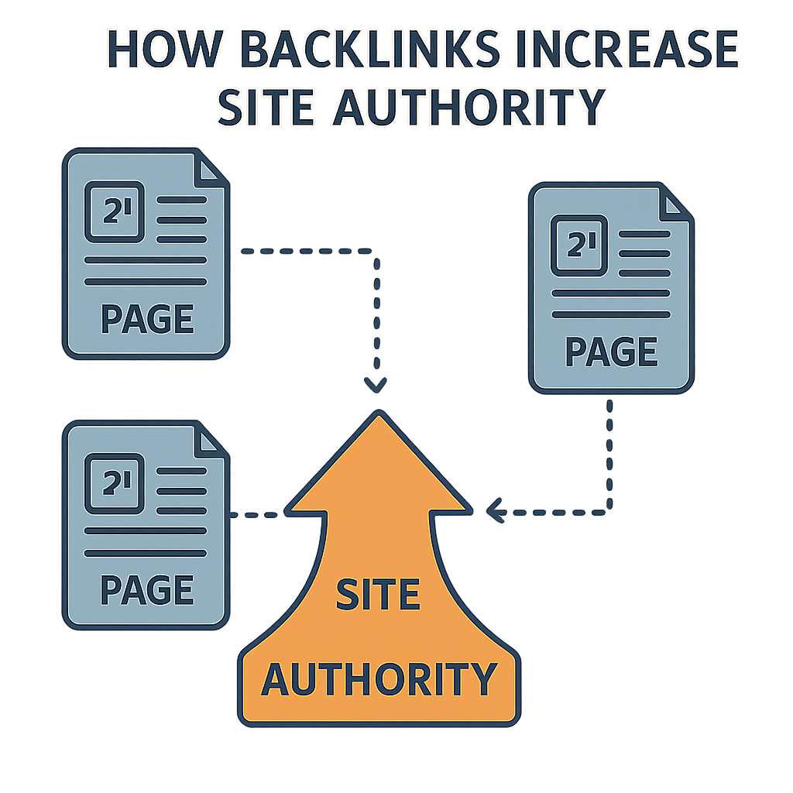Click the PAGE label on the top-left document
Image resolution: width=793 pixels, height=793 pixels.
point(146,318)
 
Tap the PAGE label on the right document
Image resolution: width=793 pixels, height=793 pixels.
point(611,352)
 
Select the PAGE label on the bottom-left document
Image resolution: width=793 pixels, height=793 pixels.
point(146,590)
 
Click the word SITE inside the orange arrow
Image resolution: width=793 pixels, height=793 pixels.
point(378,595)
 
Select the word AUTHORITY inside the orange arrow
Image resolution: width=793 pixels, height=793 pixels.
point(378,678)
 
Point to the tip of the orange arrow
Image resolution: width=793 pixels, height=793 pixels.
point(378,414)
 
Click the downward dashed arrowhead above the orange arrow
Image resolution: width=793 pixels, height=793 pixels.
point(376,385)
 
